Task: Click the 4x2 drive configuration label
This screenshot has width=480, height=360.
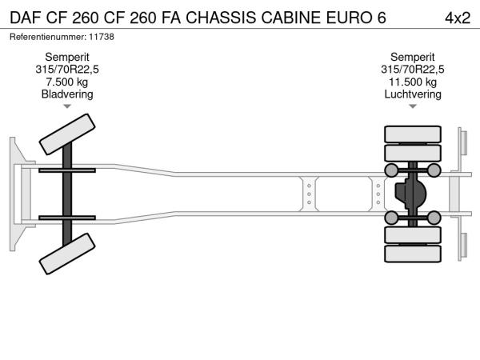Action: pyautogui.click(x=458, y=18)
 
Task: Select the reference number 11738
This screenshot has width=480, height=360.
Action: pyautogui.click(x=102, y=37)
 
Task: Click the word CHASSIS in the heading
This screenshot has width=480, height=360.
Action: pyautogui.click(x=221, y=18)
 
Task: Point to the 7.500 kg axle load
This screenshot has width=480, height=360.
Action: pyautogui.click(x=67, y=82)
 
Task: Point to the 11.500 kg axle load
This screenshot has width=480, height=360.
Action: pyautogui.click(x=413, y=82)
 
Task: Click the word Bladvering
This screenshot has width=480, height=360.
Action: pyautogui.click(x=67, y=94)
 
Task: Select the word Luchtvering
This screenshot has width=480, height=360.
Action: pyautogui.click(x=413, y=94)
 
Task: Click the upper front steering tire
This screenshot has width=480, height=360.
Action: pyautogui.click(x=67, y=134)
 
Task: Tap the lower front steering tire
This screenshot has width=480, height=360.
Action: pyautogui.click(x=67, y=254)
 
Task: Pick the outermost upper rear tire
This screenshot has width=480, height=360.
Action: pyautogui.click(x=413, y=134)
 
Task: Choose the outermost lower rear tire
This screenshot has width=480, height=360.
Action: pyautogui.click(x=413, y=254)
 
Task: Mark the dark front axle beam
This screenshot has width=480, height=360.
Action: pyautogui.click(x=67, y=194)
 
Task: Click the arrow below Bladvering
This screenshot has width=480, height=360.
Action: pyautogui.click(x=67, y=106)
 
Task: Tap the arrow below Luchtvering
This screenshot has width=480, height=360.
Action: pyautogui.click(x=413, y=106)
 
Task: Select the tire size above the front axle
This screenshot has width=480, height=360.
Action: pyautogui.click(x=67, y=70)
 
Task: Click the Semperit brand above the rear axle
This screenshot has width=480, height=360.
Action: pyautogui.click(x=413, y=58)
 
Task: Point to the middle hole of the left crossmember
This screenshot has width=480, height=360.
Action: pyautogui.click(x=309, y=194)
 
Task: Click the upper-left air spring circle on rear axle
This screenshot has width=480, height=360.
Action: pyautogui.click(x=391, y=170)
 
